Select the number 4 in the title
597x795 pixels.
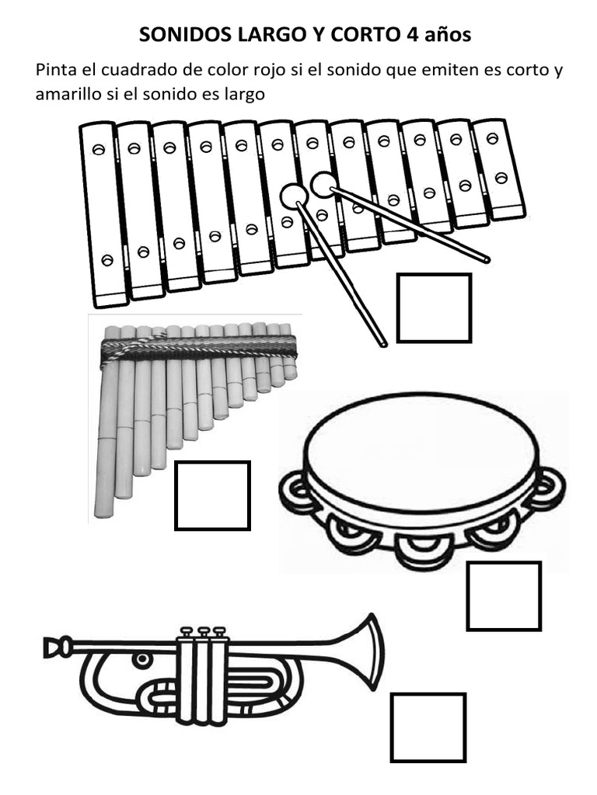411,34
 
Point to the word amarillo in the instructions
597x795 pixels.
62,94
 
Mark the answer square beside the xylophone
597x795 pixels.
434,307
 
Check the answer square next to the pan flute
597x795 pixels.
212,495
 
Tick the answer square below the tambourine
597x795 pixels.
504,595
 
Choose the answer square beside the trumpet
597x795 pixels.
428,727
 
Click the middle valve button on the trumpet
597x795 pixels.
204,632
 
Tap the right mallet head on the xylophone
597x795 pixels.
323,185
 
